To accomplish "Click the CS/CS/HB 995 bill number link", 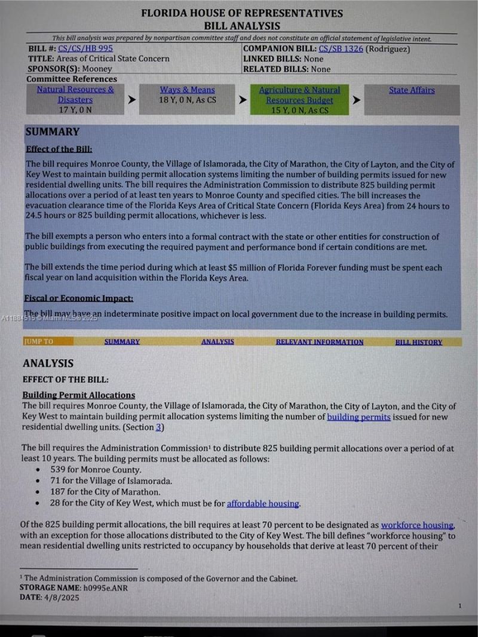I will point(85,49).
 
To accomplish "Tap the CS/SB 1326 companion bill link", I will point(341,49).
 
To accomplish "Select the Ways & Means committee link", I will point(187,90).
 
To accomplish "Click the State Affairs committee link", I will point(412,90).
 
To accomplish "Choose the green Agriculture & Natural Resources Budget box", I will point(299,100).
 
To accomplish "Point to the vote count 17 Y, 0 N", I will point(75,110).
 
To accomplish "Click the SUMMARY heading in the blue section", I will point(53,132).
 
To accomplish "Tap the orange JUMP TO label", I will point(39,342).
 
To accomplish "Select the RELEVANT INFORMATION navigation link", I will point(319,342).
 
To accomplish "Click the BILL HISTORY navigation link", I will point(419,342).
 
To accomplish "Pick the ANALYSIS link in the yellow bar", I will point(217,342).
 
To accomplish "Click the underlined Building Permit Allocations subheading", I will point(78,395).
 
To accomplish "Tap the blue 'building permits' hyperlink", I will point(358,417).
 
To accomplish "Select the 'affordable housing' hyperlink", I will point(263,503).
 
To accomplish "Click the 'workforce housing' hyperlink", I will point(417,525).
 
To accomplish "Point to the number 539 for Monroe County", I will point(59,470).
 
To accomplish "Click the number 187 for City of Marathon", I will point(59,492).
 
